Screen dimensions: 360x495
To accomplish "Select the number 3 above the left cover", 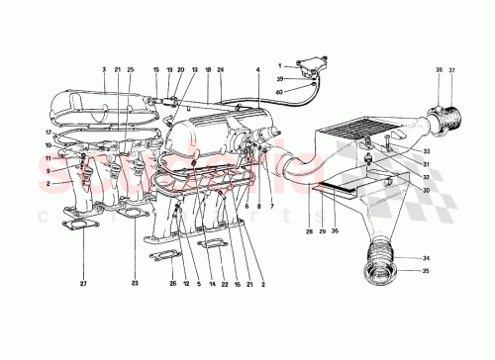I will [102, 71].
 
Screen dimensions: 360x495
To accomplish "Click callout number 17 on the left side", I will [46, 132].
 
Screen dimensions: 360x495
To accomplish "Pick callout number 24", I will [222, 71].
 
